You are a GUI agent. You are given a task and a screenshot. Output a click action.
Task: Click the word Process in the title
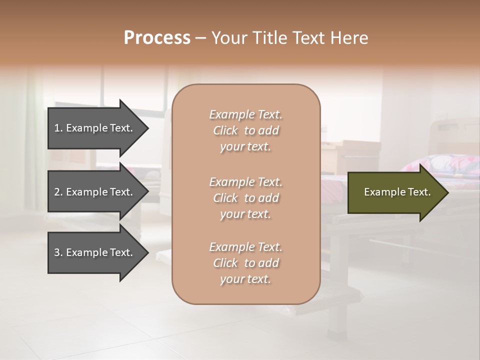click(157, 38)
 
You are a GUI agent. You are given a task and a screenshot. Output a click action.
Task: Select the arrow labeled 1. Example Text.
click(95, 128)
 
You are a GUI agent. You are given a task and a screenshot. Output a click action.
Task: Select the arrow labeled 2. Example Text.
click(95, 192)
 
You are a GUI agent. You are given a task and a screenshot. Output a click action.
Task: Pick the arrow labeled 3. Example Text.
click(95, 252)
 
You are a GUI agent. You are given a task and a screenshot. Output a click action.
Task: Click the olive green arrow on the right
click(395, 192)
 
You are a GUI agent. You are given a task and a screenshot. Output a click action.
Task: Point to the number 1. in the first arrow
click(58, 128)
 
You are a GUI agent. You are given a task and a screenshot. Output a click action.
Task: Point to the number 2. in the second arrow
click(58, 192)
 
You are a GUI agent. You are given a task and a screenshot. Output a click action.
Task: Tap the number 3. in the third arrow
click(58, 252)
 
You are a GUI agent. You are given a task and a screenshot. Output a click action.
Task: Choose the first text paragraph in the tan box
click(245, 130)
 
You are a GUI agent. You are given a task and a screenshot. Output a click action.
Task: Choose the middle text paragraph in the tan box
click(245, 198)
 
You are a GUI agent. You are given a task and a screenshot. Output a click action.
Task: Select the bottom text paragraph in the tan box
click(245, 263)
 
